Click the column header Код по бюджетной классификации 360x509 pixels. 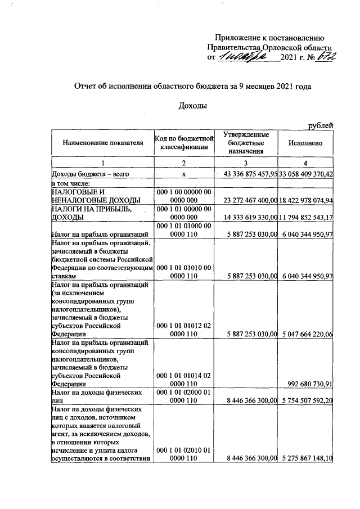(184, 143)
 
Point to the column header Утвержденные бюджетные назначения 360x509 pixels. (246, 143)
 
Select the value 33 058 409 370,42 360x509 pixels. (307, 174)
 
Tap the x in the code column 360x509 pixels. (184, 174)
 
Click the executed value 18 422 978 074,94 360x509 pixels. (307, 200)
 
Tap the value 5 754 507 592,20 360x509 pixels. (307, 400)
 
